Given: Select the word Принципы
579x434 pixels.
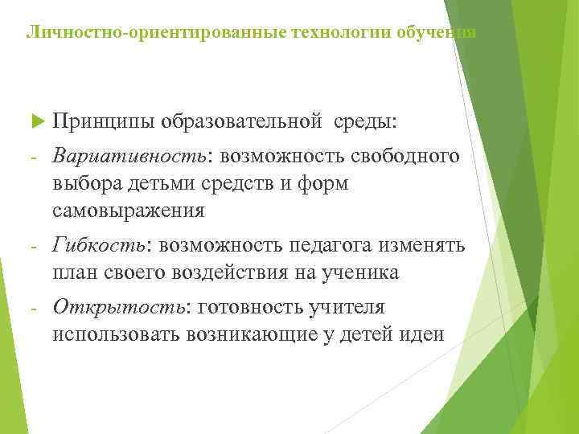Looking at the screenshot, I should tap(102, 121).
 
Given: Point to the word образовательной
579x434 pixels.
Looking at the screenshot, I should tap(240, 121).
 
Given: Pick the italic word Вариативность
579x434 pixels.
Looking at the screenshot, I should tap(131, 155).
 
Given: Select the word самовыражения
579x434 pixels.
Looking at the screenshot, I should tap(129, 211).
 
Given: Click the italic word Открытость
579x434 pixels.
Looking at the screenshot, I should tap(119, 306).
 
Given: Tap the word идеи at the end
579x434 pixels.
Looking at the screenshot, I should tap(422, 334).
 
